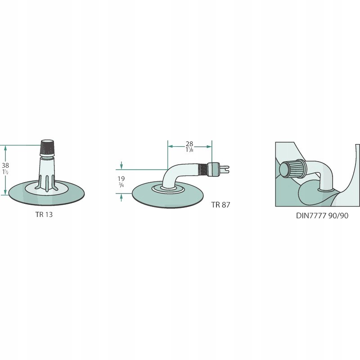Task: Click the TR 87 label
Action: point(221,205)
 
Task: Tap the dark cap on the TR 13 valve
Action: point(47,147)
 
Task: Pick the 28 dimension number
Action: point(189,144)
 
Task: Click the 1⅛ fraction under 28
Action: point(189,150)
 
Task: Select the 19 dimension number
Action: point(121,179)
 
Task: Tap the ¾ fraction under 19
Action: point(121,185)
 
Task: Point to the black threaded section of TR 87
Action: point(204,169)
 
